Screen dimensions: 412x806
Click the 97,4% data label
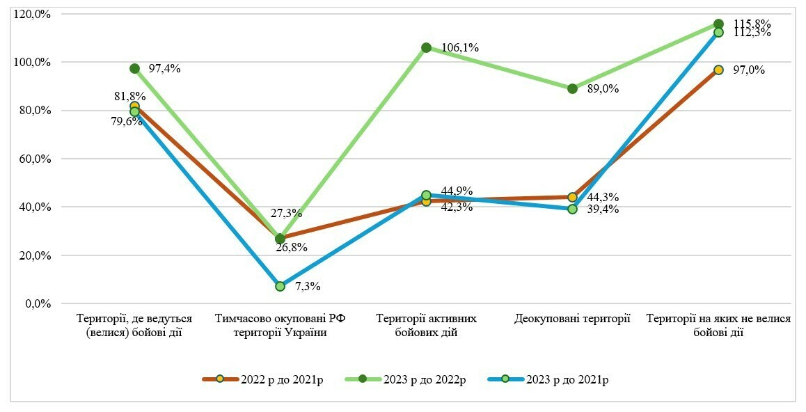[164, 68]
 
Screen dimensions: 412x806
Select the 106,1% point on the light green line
[426, 47]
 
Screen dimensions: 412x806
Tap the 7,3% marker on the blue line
[280, 286]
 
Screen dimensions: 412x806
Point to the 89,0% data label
[603, 88]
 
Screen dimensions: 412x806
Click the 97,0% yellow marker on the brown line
[718, 70]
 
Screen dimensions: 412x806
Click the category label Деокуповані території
[572, 319]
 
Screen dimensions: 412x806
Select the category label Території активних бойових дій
[426, 325]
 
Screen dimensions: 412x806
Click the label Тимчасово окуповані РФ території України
[280, 325]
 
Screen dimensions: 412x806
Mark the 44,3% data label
[603, 197]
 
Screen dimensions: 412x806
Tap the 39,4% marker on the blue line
[572, 209]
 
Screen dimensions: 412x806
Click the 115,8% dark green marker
[718, 24]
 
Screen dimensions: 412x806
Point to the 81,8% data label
[131, 96]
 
